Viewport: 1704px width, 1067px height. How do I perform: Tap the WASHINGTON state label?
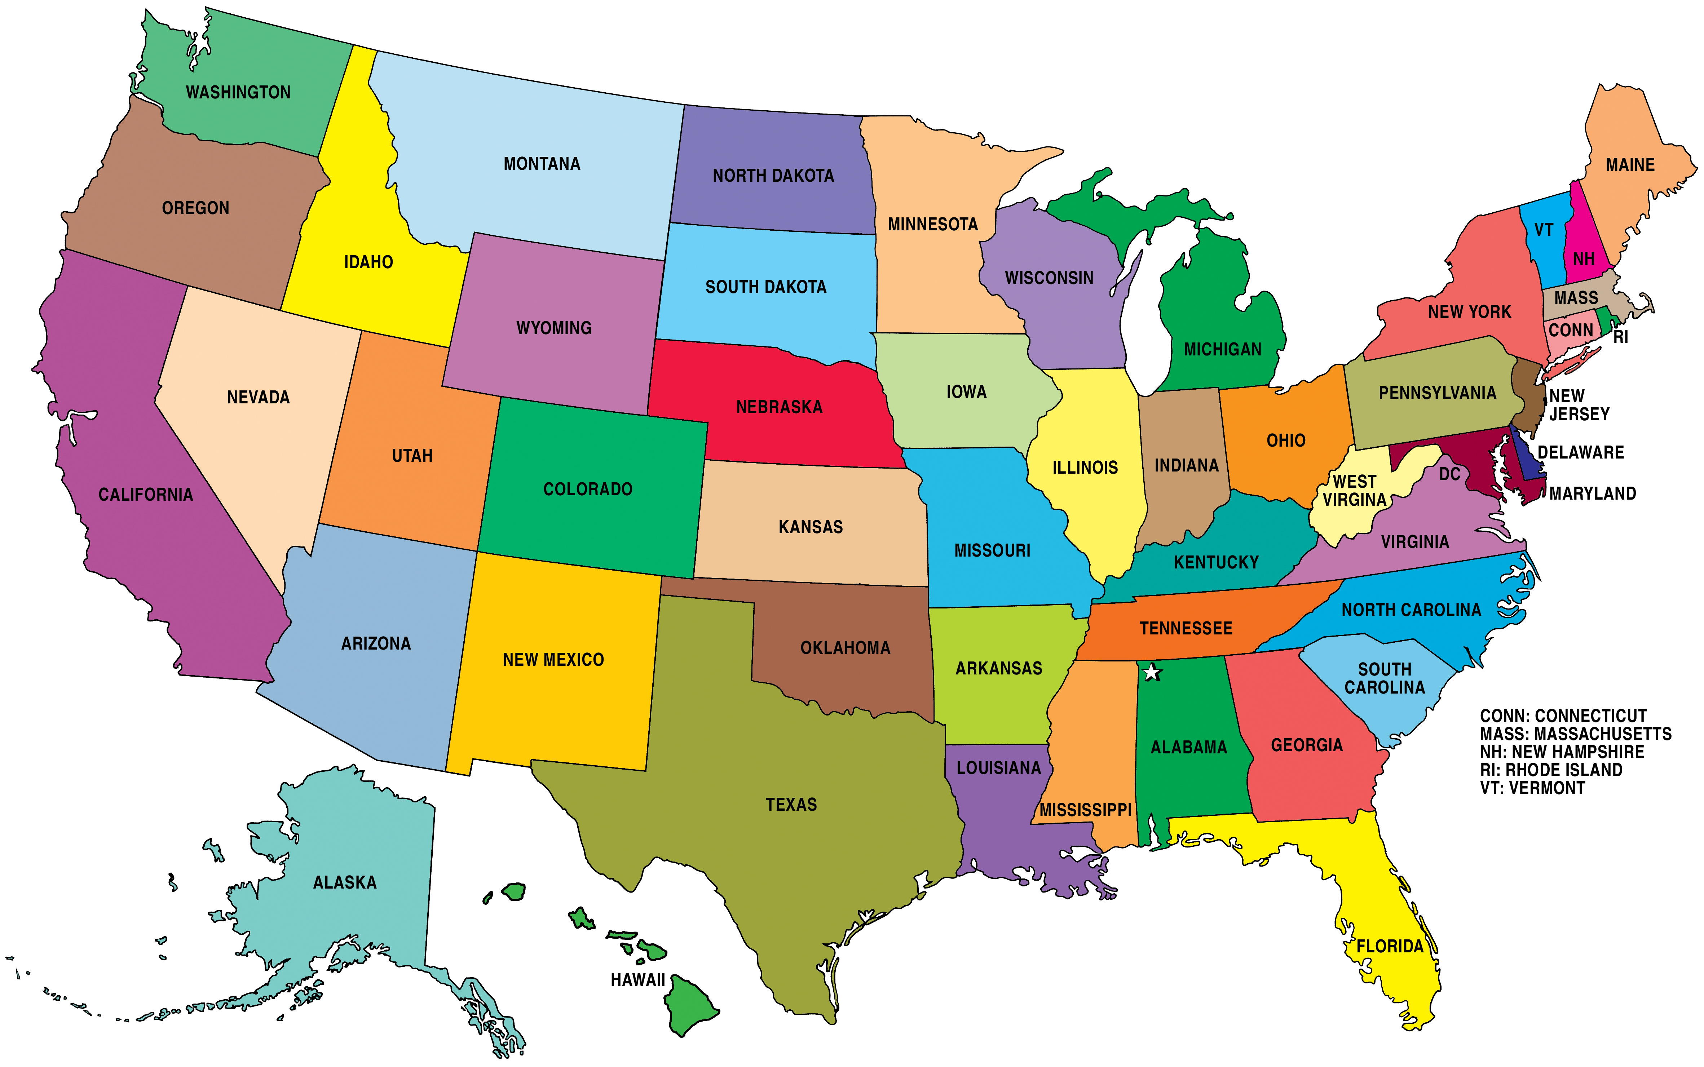tap(238, 92)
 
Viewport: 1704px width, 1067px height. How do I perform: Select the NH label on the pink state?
tap(1583, 259)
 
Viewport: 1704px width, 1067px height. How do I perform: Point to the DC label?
tap(1449, 474)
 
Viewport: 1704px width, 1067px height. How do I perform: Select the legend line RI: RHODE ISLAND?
tap(1551, 770)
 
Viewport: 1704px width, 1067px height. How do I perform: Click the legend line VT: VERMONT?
tap(1532, 788)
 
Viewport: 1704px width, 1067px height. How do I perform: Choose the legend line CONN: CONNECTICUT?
tap(1563, 716)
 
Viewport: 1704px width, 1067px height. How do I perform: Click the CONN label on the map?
tap(1571, 330)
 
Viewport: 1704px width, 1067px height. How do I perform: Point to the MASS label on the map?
tap(1576, 298)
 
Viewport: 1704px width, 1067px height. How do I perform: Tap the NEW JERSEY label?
tap(1579, 405)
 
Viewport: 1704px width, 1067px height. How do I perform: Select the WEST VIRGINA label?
tap(1354, 491)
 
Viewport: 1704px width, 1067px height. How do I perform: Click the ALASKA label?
tap(344, 883)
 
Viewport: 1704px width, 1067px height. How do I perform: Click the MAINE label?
tap(1630, 165)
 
